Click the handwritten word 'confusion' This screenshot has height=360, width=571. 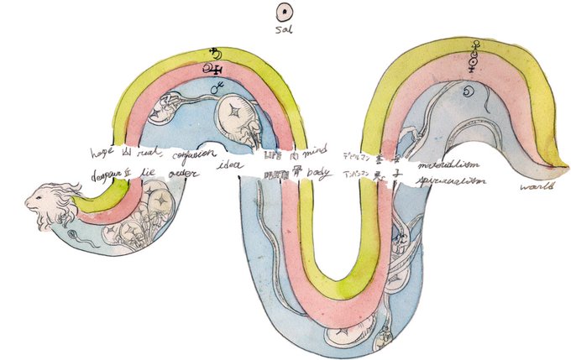tap(196, 155)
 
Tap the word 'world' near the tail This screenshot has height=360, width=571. tap(533, 186)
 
